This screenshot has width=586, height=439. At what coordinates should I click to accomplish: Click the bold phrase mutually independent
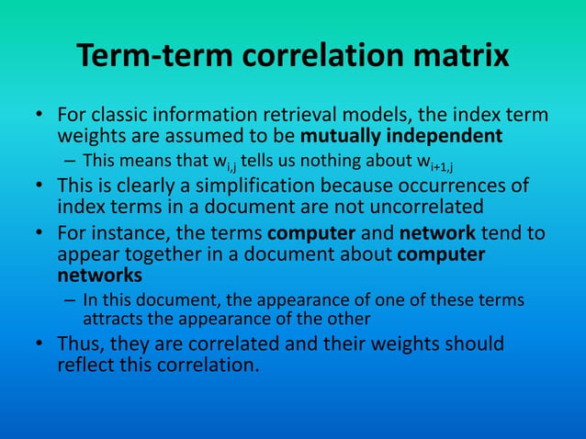point(401,137)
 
